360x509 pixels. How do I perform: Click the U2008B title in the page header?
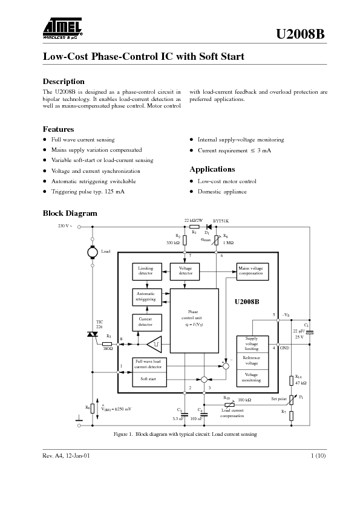point(301,34)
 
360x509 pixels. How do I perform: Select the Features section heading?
point(58,129)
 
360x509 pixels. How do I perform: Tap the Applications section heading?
point(212,169)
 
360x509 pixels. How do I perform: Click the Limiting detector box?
point(146,271)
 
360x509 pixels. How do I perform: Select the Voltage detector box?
point(186,271)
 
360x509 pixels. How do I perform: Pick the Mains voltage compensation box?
point(251,271)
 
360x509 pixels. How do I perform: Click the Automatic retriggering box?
point(146,296)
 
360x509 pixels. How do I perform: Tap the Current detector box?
point(146,322)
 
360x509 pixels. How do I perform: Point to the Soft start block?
point(149,379)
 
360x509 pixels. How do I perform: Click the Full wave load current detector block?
point(149,365)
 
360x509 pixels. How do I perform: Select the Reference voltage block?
point(252,361)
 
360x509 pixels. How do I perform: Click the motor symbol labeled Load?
point(93,250)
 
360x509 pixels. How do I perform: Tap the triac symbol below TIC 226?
point(93,334)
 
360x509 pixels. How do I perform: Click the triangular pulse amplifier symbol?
point(155,343)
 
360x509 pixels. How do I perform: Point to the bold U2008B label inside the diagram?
point(247,300)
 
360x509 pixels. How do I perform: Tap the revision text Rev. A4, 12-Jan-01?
point(67,455)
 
